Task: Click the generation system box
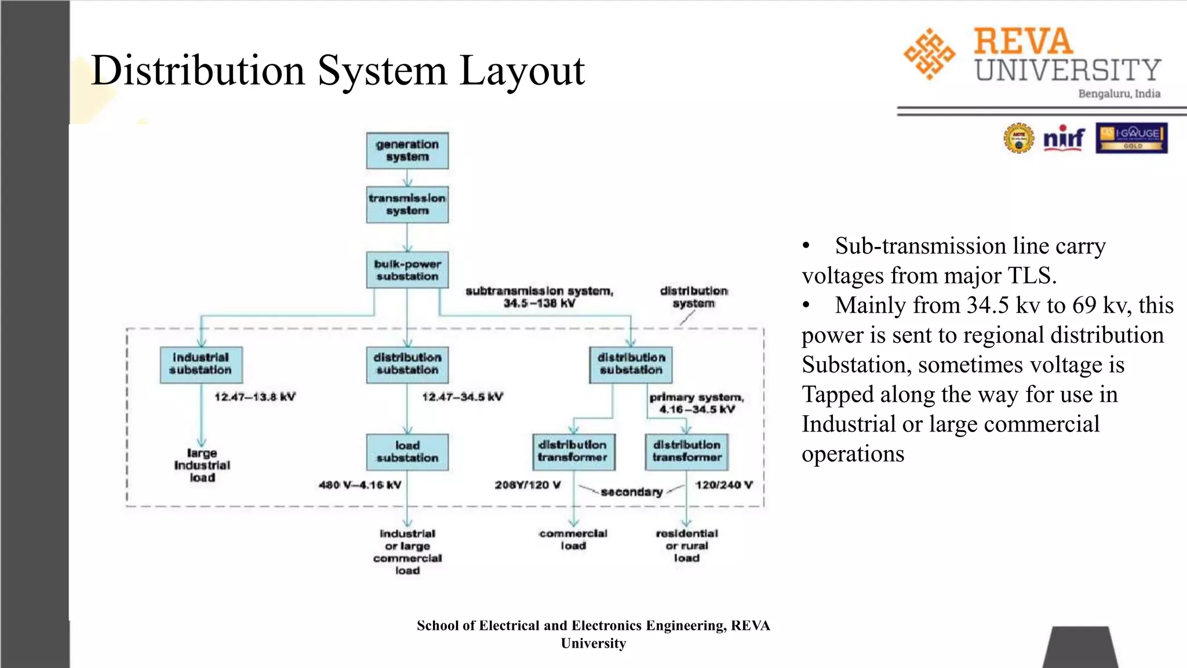407,151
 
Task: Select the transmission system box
407,205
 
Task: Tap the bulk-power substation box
407,270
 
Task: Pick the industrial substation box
201,364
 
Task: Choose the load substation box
407,452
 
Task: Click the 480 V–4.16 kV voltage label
359,485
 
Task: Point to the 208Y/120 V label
527,485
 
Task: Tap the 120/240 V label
724,485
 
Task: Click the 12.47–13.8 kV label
254,397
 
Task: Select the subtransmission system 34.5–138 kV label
539,297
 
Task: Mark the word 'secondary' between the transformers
631,492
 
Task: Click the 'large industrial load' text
202,465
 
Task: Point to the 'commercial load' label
573,539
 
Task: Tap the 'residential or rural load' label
687,546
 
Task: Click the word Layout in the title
522,71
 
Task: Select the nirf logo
1064,139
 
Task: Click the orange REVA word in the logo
1023,42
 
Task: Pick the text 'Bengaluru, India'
1119,94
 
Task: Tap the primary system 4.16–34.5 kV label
697,403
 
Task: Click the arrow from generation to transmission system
407,177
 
